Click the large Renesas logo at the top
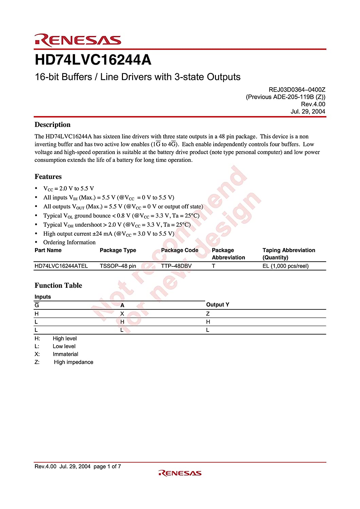tap(78, 40)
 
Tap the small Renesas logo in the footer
tap(180, 473)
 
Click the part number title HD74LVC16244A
tap(93, 60)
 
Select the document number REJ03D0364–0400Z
tap(297, 90)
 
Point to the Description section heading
tap(53, 125)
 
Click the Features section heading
tap(48, 176)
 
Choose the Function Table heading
tap(58, 285)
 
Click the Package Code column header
tap(180, 250)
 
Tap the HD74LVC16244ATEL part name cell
tap(61, 266)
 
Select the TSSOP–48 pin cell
tap(118, 266)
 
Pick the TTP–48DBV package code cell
tap(176, 266)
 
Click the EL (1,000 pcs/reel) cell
tap(285, 266)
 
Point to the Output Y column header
tap(218, 304)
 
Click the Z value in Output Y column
tap(208, 314)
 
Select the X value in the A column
tap(122, 314)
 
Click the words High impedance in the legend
tap(73, 362)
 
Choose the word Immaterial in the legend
tap(66, 354)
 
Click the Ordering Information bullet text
tap(69, 242)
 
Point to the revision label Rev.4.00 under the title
tap(313, 104)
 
